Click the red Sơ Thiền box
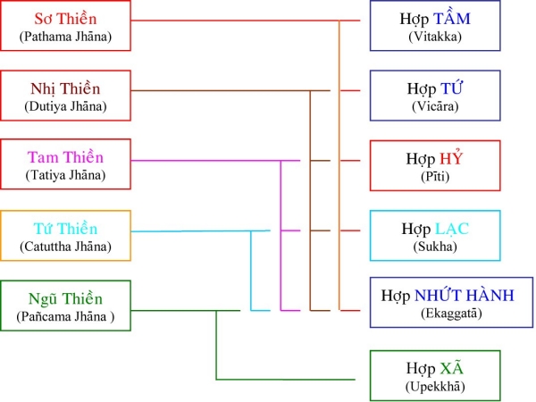[66, 26]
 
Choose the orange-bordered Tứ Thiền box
[66, 236]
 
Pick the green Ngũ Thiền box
[66, 306]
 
